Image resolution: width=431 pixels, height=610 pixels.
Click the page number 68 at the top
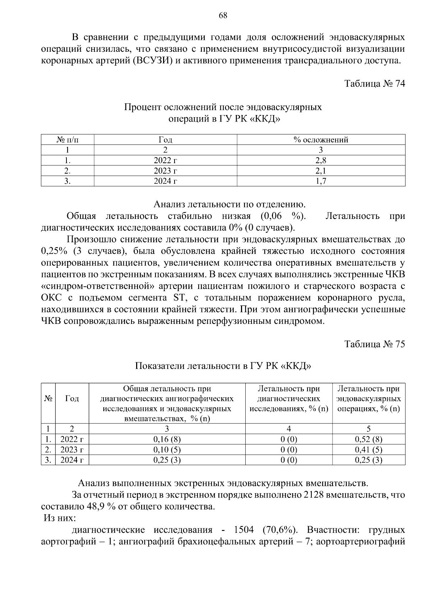point(223,15)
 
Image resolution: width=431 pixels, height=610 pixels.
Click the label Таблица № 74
point(375,84)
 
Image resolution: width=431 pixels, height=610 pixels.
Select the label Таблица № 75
point(375,344)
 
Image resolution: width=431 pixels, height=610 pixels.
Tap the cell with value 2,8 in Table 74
point(321,160)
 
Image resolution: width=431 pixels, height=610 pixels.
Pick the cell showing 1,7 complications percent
point(321,181)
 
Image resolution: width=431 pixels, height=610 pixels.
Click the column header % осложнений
point(321,140)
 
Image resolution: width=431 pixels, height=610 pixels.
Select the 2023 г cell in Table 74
point(165,171)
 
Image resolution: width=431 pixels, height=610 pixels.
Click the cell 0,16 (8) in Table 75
point(167,439)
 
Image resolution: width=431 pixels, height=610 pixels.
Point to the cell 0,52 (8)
point(369,439)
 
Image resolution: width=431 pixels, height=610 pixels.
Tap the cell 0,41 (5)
point(369,449)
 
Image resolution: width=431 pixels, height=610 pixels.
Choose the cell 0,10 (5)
point(167,449)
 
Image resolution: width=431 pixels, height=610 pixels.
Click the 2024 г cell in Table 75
point(72,460)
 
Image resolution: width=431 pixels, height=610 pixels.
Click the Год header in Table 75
point(72,399)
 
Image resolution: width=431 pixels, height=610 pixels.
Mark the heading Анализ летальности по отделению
point(230,205)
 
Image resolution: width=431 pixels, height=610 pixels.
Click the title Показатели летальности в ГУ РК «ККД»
point(223,366)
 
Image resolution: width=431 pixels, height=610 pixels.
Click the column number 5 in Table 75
point(369,428)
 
